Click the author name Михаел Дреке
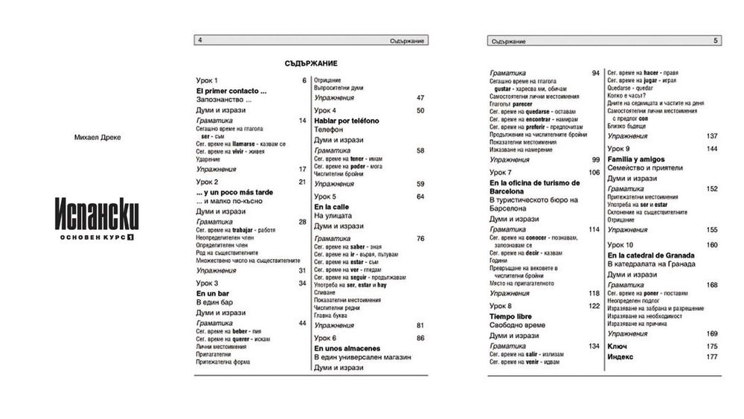point(97,138)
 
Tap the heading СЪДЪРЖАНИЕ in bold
point(312,63)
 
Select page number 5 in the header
point(716,40)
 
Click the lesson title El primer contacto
point(231,90)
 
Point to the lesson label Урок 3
point(207,283)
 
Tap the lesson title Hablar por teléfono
point(346,121)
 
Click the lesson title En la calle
point(331,206)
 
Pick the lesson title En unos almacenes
point(347,348)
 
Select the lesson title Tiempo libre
point(510,316)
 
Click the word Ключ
point(618,346)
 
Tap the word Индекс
point(620,356)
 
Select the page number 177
point(711,356)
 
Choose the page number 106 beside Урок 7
point(594,173)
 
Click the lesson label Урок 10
point(620,244)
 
